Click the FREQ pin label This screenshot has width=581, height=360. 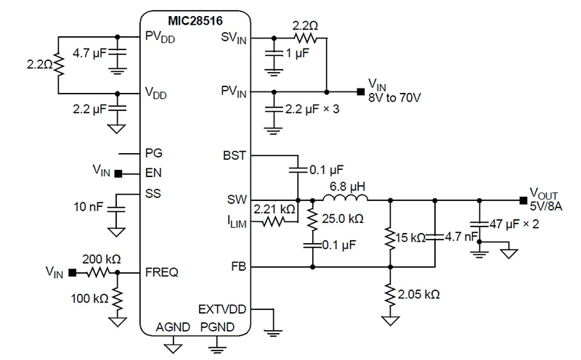pos(163,273)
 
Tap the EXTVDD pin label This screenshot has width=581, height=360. pos(222,309)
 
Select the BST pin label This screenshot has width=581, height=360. pos(235,155)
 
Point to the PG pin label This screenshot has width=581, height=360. pos(154,153)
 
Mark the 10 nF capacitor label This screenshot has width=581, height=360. pos(89,209)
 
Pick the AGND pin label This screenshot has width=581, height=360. pos(173,327)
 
